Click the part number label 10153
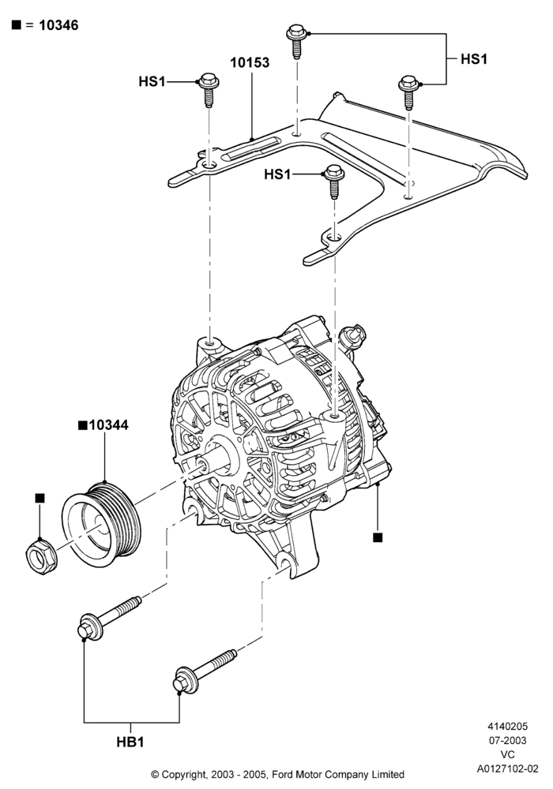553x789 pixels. [x=250, y=63]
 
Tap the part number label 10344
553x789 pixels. [x=108, y=425]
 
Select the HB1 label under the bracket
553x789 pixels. [x=130, y=742]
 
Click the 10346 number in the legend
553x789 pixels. [x=58, y=25]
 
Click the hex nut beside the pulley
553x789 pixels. [x=40, y=555]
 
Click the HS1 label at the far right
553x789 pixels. [x=474, y=59]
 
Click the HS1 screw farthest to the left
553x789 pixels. [x=209, y=90]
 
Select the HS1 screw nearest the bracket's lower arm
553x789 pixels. [x=334, y=181]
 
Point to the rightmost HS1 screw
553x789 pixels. [x=409, y=92]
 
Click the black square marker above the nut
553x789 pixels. [x=40, y=498]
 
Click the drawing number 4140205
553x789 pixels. [x=508, y=726]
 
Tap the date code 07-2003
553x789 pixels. [x=508, y=740]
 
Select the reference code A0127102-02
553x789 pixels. [x=508, y=768]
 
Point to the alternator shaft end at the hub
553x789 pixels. [x=204, y=463]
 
